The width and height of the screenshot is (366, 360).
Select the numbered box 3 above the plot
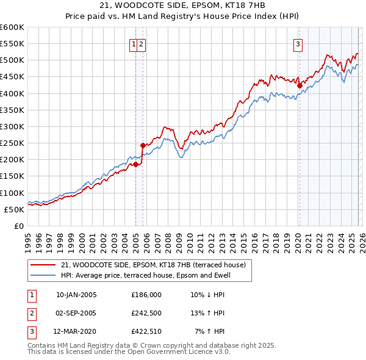(x=298, y=44)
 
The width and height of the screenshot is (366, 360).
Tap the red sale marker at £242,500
(x=143, y=145)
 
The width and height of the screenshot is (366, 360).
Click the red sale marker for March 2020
(x=300, y=86)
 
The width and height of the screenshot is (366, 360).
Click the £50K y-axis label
(x=14, y=209)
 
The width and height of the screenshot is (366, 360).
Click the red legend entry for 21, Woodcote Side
(x=153, y=265)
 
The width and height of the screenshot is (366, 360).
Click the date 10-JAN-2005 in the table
(x=76, y=295)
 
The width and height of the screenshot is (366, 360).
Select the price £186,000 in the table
(x=146, y=295)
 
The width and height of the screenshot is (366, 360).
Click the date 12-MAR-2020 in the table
(x=76, y=331)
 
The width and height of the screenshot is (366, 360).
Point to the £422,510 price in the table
(x=146, y=331)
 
